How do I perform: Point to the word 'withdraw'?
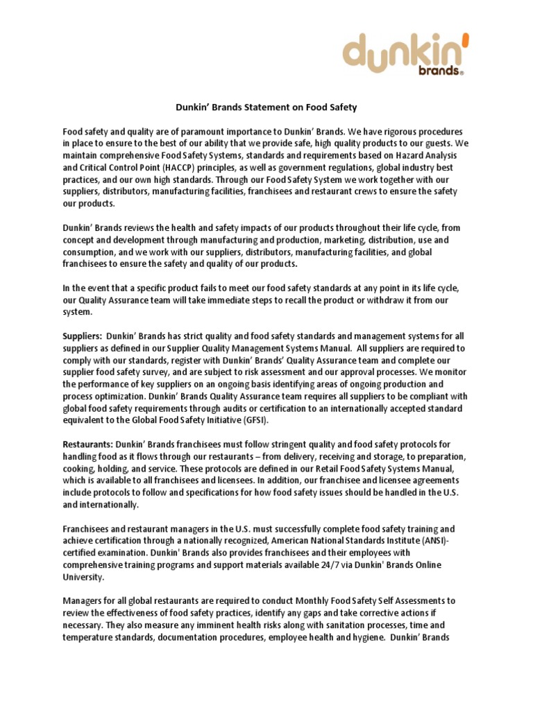coord(397,300)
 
